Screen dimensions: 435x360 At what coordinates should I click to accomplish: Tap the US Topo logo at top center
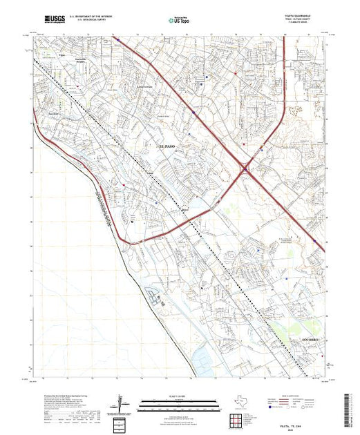180,21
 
